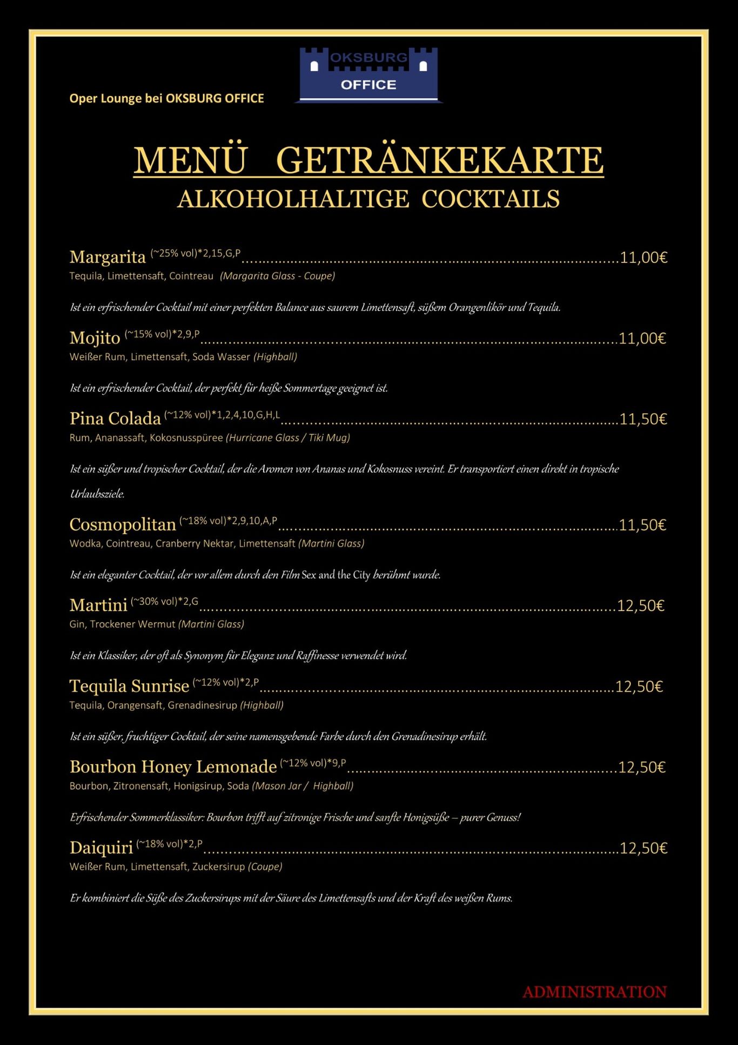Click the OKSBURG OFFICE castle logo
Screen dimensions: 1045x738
point(368,75)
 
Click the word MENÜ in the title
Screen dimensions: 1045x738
point(190,160)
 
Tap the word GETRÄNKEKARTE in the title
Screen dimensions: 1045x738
point(439,160)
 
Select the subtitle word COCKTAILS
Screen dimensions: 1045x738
point(490,199)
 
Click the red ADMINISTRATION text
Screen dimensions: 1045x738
point(594,992)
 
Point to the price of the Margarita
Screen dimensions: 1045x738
point(643,258)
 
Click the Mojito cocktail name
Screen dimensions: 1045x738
point(95,338)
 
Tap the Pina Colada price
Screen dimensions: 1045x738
point(643,419)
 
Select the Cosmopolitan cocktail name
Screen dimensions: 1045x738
point(123,524)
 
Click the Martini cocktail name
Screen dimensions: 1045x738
point(98,605)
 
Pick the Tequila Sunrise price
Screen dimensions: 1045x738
point(639,686)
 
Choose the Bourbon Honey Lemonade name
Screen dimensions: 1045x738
point(173,767)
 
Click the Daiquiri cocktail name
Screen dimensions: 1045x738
point(101,848)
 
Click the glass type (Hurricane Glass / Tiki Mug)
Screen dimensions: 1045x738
point(288,438)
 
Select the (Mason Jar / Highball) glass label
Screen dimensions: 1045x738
point(303,786)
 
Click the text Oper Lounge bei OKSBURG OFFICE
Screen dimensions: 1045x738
point(166,98)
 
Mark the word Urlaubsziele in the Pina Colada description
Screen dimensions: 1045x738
point(97,494)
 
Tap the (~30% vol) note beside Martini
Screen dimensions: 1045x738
point(154,601)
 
